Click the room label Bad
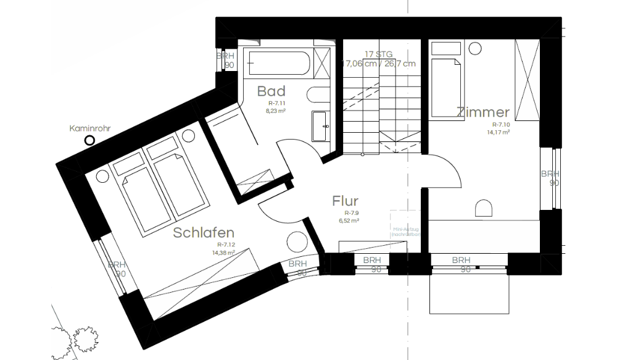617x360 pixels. (271, 91)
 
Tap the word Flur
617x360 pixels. (345, 201)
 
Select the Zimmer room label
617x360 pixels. (483, 112)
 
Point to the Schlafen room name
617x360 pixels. (203, 233)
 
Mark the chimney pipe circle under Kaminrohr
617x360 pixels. (89, 141)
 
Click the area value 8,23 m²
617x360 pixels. (276, 111)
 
